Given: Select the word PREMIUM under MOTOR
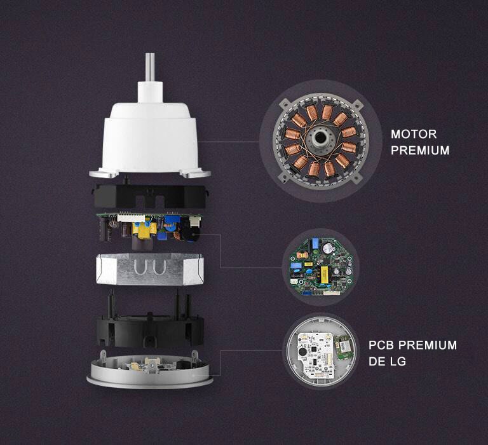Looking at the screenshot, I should tap(419, 151).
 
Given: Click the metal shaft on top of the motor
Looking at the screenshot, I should tap(150, 66).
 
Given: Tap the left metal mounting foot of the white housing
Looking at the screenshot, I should tap(104, 172).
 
